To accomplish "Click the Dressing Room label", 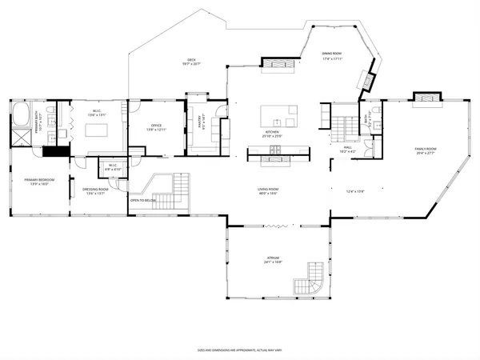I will tap(94, 189).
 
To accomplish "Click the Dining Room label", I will tap(332, 56).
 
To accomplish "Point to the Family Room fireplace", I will tap(423, 98).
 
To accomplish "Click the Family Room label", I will tap(426, 150).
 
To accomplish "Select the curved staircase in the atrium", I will tap(309, 284).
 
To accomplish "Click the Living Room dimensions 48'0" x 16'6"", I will tap(267, 194).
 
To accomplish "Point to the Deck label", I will tap(191, 59).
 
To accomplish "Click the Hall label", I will tap(348, 147).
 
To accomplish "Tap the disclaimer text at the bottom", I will tap(240, 350).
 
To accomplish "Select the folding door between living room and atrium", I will tap(276, 226).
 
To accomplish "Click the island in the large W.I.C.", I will tap(97, 128).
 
